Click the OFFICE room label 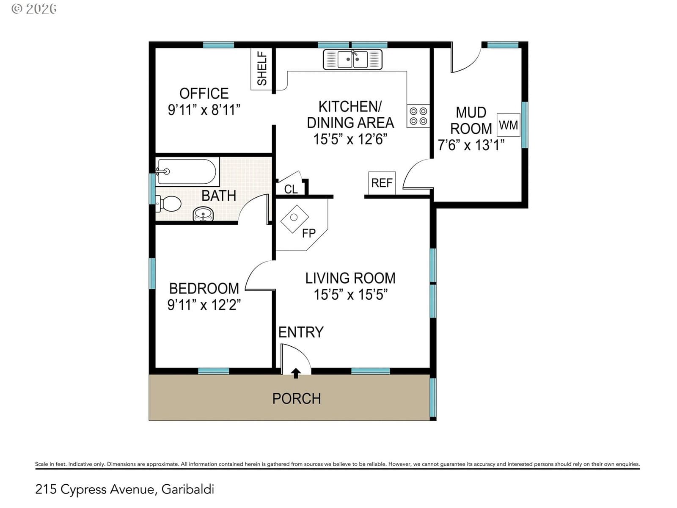coord(204,94)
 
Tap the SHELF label coord(262,69)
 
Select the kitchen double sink coord(352,59)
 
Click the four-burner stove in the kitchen coord(418,116)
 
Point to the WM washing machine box coord(508,125)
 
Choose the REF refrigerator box coord(382,183)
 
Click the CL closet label coord(291,189)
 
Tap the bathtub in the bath coord(187,171)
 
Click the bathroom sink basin coord(203,214)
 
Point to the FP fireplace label coord(309,234)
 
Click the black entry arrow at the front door coord(296,373)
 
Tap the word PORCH coord(297,398)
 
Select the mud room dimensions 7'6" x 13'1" coord(471,145)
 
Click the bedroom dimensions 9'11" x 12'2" coord(204,305)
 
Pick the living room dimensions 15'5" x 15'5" coord(350,294)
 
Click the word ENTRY coord(301,332)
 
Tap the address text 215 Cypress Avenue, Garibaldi coord(124,489)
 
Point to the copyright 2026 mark coord(34,9)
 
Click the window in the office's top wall coord(218,45)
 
